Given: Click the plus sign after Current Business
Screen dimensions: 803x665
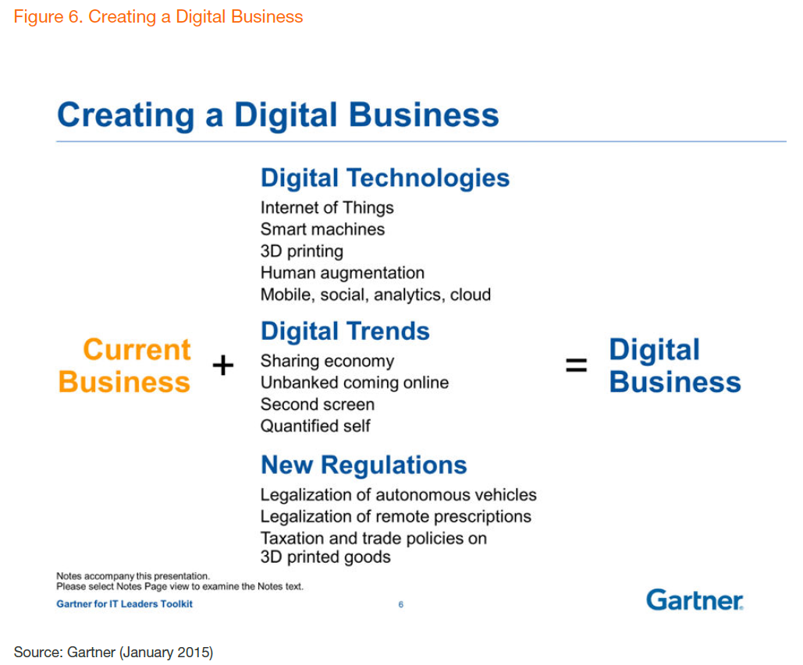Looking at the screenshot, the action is click(222, 365).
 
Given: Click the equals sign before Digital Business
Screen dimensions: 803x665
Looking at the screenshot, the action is click(576, 365).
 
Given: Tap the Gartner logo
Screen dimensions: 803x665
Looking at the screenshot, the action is click(695, 600).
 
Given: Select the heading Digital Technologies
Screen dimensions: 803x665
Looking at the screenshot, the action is click(386, 178).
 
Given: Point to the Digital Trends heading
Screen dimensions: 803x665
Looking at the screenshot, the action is click(345, 331).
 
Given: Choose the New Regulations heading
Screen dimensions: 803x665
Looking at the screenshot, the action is click(364, 465).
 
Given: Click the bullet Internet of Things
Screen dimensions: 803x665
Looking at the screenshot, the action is click(327, 207).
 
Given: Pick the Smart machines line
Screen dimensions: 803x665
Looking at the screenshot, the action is click(322, 229).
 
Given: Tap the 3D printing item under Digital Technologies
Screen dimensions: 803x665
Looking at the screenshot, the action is click(302, 251).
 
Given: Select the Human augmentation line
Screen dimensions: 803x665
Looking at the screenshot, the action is click(343, 273).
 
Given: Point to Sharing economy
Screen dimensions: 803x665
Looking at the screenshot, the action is click(327, 361).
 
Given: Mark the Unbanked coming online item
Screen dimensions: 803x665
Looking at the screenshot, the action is click(354, 383).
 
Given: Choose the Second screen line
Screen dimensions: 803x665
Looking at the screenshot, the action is click(318, 404).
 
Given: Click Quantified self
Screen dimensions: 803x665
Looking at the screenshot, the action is click(315, 426).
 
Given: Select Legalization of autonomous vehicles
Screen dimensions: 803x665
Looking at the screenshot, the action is click(399, 495).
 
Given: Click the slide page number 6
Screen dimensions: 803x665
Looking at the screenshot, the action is click(401, 604).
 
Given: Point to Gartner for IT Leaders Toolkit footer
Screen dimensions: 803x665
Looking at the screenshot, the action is click(124, 603).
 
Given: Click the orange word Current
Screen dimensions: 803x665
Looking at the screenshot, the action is click(137, 350).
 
